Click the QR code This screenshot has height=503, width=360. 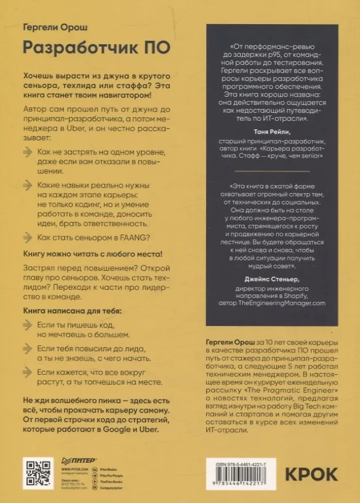coord(38,473)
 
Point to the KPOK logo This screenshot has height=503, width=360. coord(311,474)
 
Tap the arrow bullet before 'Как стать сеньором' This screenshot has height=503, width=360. coord(29,237)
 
